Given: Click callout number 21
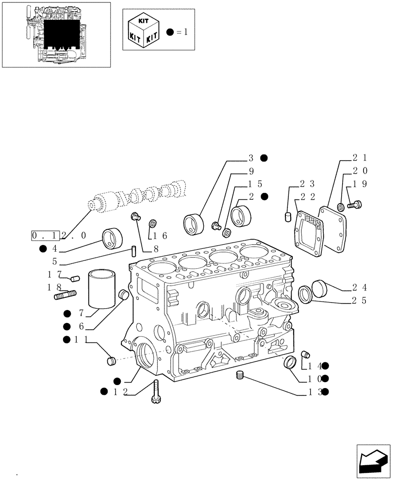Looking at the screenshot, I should pos(359,158).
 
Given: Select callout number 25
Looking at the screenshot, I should pos(359,301).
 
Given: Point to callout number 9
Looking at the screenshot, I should pos(251,171).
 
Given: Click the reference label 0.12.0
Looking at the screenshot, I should pos(59,236).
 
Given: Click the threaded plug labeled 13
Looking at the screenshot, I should pos(239,375).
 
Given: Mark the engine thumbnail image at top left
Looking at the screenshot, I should pos(56,34).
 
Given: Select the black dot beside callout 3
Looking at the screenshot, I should pos(264,158).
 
